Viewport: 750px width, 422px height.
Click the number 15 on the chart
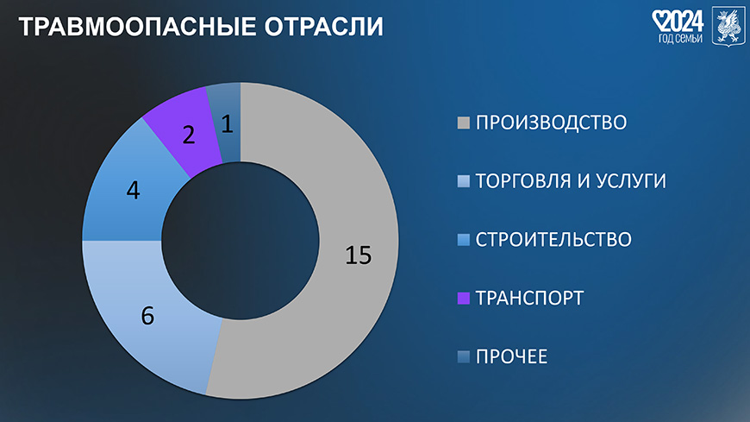click(359, 255)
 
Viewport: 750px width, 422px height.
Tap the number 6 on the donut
click(147, 316)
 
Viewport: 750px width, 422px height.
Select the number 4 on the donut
click(134, 191)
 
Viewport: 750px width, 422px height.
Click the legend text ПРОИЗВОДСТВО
click(551, 123)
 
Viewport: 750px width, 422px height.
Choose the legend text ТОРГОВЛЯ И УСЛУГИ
click(571, 181)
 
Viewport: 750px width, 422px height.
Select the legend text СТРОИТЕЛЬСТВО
click(553, 240)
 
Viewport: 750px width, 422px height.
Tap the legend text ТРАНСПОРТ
click(529, 298)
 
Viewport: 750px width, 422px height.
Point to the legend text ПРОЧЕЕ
click(511, 357)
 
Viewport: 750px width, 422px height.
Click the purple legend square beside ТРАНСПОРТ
click(464, 298)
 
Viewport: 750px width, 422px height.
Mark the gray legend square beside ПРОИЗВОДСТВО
click(464, 123)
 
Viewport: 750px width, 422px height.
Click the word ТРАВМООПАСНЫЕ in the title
click(138, 27)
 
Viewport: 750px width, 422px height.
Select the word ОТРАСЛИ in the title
click(324, 27)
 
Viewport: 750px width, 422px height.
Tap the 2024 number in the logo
click(684, 22)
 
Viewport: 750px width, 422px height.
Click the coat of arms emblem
click(728, 27)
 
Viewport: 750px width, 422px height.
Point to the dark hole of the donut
click(241, 241)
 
